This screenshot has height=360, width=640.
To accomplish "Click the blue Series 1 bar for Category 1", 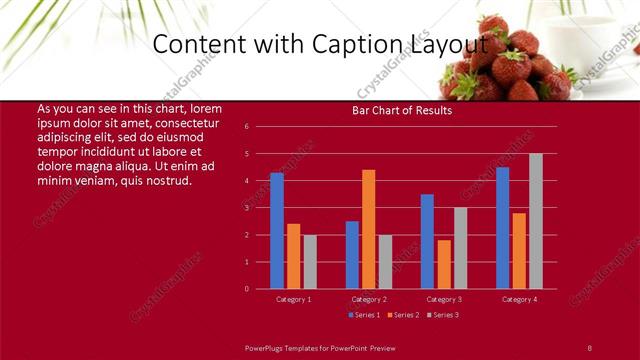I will coord(277,231).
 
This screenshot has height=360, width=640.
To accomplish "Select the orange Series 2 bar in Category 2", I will coord(369,229).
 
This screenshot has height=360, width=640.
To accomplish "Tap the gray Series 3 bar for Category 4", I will coord(536,221).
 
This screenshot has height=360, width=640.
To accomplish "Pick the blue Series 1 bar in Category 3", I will coord(427,241).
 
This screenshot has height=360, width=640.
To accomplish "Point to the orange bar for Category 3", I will coord(444,264).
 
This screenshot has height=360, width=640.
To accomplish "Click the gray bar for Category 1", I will coord(310,262).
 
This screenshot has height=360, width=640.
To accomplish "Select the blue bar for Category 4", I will coord(502,228).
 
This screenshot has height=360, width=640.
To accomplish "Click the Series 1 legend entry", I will coord(364,315).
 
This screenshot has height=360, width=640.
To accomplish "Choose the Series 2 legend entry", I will coord(402,315).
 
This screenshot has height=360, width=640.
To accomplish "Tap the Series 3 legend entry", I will coord(442,315).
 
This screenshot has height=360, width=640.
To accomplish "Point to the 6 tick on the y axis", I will coord(246,127).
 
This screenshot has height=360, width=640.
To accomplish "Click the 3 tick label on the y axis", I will coord(246,208).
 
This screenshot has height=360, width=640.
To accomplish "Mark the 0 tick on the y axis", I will coord(246,289).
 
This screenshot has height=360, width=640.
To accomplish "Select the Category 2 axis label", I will coord(369,299).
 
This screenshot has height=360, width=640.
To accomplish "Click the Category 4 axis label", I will coord(519,299).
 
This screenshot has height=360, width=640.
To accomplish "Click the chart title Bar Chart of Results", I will coord(401,110).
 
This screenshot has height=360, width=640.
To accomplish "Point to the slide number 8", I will coord(589,347).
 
